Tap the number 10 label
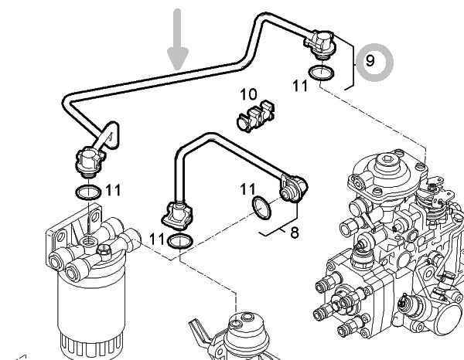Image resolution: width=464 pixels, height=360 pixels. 247,94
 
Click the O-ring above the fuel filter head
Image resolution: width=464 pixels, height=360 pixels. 87,191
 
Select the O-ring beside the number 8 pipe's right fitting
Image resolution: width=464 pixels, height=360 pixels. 263,206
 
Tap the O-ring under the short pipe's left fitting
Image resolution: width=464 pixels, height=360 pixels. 181,242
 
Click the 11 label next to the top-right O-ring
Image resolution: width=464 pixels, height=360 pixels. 300,87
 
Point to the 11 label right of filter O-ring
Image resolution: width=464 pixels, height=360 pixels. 114,189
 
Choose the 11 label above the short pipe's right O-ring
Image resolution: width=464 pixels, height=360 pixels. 247,188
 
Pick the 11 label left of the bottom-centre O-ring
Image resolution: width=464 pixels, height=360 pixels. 157,239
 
